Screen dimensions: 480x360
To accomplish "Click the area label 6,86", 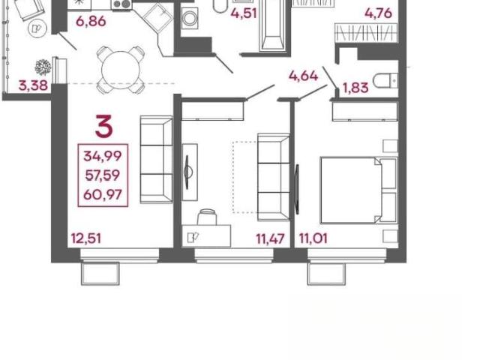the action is [x=91, y=22].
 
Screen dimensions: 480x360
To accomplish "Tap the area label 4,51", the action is [x=244, y=13].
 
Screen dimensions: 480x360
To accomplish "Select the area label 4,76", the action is [x=378, y=13].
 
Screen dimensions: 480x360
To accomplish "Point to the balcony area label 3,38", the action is [x=33, y=85].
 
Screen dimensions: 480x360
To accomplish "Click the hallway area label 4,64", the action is [x=303, y=76].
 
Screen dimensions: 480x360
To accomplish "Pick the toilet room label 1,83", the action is [x=355, y=88].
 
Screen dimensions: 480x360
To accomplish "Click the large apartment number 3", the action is [x=104, y=126].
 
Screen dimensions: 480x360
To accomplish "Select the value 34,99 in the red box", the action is [x=103, y=156].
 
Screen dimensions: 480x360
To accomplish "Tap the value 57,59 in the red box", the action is [x=103, y=175].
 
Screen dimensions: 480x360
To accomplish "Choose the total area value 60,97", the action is [x=103, y=195].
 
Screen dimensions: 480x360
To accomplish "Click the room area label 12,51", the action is [x=86, y=238].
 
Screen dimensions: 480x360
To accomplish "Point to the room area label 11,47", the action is [x=270, y=239].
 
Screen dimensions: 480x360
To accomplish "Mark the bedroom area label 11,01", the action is [x=313, y=238].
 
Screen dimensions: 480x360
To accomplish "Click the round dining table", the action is [x=121, y=70].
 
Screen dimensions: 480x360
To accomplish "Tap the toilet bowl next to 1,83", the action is [x=385, y=80].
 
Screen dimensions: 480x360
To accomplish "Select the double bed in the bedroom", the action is [x=358, y=190].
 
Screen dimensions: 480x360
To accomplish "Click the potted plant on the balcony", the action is [x=43, y=67].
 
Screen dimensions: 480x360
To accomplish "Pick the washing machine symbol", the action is [x=189, y=18].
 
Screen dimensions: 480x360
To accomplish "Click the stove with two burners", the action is [x=121, y=4].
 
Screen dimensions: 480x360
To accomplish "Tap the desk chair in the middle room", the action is [x=207, y=217].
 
